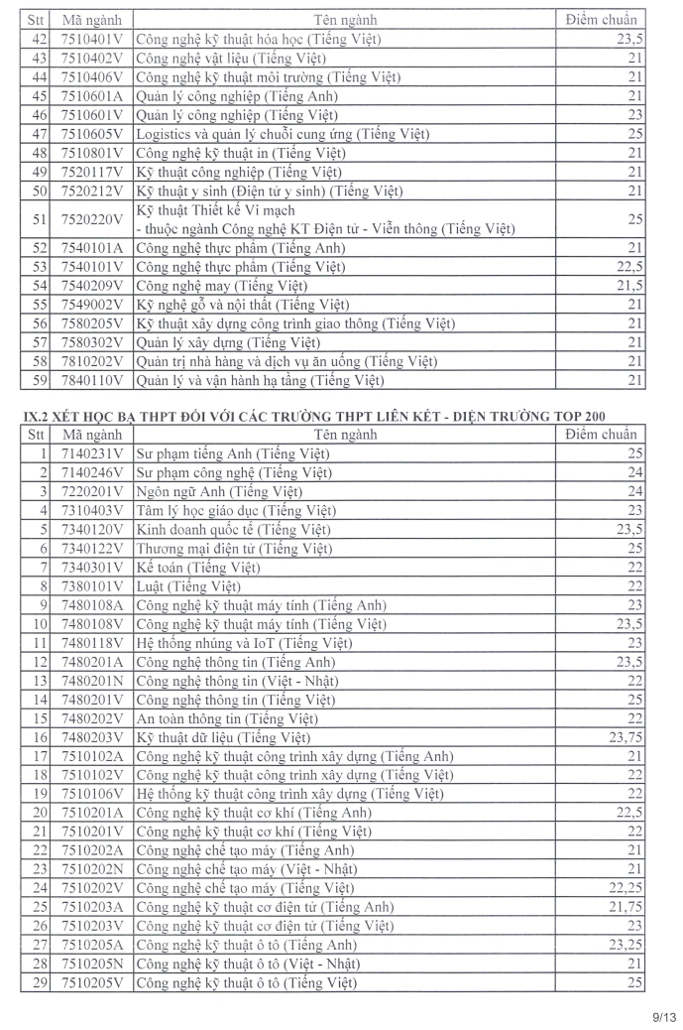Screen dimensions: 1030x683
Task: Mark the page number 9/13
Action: pyautogui.click(x=663, y=1015)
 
